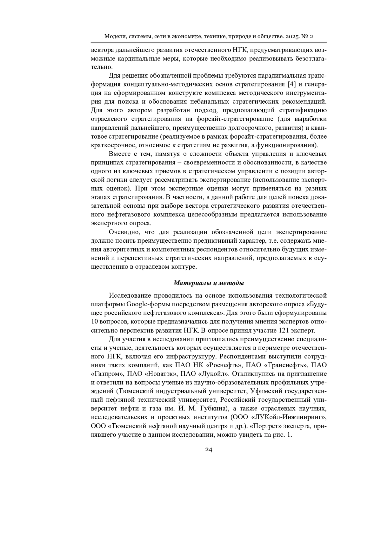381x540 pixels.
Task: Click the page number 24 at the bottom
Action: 208,449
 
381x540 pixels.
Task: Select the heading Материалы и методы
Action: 209,283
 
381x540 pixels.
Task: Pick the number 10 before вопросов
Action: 94,321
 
